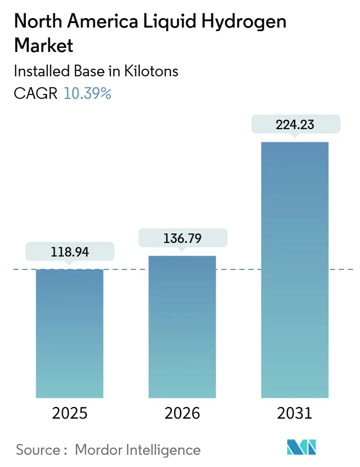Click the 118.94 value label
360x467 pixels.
pos(70,252)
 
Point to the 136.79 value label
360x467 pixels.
pos(182,238)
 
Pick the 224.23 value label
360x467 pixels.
pos(295,125)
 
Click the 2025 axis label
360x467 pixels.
pos(70,412)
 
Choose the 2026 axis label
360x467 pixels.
pos(182,412)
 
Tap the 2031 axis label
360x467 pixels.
pos(295,412)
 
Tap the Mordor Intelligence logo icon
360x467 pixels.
pos(302,447)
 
